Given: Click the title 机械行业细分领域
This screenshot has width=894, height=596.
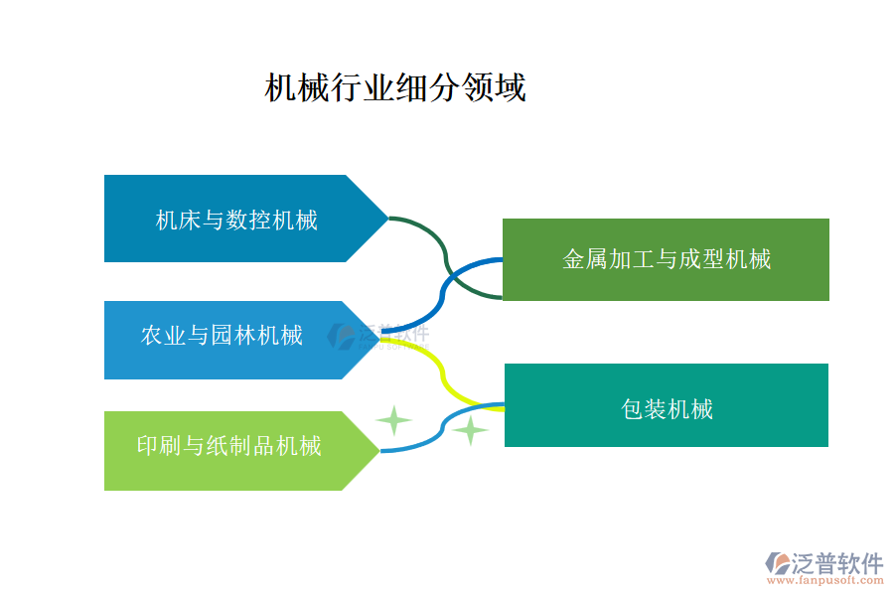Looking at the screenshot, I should [394, 87].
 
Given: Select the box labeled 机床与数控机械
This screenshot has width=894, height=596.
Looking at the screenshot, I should [236, 219].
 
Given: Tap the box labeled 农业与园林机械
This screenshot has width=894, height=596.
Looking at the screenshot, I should [223, 336].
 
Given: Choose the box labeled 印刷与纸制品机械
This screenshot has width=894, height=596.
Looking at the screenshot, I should [229, 446].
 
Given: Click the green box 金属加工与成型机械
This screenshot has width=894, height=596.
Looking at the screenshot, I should [666, 259].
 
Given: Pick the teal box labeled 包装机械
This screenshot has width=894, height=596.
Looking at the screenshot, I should [666, 405].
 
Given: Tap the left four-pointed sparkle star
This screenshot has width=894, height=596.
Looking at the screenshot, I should [393, 421].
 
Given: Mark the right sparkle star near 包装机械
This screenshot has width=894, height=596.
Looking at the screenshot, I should [470, 430].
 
